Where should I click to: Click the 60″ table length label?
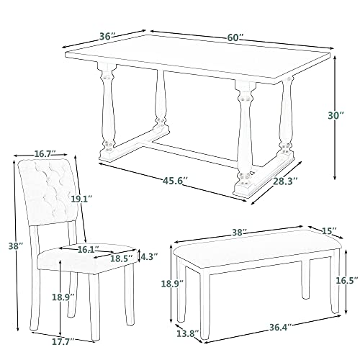(x=235, y=37)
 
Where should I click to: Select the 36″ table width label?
(x=108, y=37)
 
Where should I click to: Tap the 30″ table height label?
(x=336, y=115)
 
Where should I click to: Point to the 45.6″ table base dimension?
(x=175, y=181)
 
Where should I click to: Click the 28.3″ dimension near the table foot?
(x=286, y=181)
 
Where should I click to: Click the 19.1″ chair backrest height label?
(x=81, y=199)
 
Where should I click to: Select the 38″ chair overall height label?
(x=16, y=246)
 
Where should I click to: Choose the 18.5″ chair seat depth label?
(x=122, y=258)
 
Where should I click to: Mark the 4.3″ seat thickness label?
(x=149, y=257)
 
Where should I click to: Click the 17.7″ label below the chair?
(x=63, y=341)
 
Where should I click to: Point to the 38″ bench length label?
(x=240, y=232)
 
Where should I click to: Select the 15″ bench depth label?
(x=329, y=231)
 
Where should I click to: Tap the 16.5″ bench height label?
(x=346, y=280)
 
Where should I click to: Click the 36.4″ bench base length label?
(x=280, y=328)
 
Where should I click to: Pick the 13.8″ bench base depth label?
(x=188, y=333)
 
